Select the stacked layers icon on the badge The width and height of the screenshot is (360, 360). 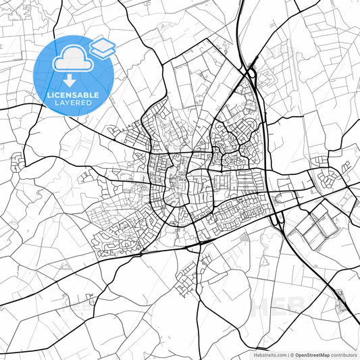click(x=102, y=47)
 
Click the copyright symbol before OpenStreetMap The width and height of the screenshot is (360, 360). click(x=292, y=354)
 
